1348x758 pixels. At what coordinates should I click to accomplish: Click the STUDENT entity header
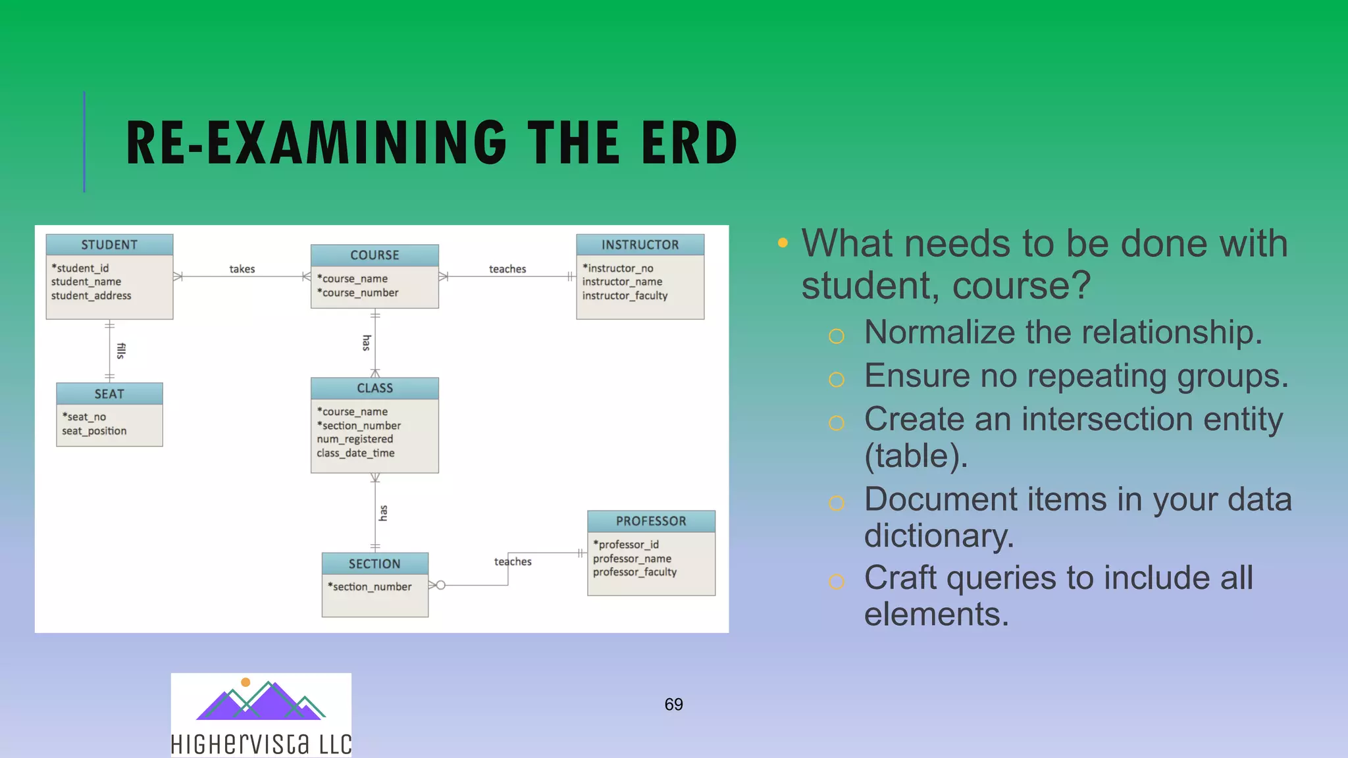[109, 245]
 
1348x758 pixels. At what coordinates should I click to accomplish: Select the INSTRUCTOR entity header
[640, 245]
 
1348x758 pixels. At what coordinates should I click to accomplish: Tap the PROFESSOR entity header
[651, 521]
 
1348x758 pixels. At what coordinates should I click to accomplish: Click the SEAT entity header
[109, 394]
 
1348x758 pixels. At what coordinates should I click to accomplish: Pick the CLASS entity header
[375, 388]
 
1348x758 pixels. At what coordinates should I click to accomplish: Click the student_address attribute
[91, 296]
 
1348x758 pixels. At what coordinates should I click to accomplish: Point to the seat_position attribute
[94, 431]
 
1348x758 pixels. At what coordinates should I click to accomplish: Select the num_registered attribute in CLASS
[355, 439]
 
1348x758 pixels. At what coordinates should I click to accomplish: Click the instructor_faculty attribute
[625, 296]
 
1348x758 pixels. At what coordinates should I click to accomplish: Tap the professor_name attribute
[632, 559]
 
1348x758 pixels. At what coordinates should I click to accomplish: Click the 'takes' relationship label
[242, 269]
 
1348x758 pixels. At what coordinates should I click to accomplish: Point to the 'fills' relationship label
[120, 351]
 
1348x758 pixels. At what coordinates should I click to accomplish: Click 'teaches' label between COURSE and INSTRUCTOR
[507, 269]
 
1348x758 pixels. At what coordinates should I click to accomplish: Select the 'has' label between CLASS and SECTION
[383, 513]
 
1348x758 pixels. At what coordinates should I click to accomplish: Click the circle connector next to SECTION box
[441, 585]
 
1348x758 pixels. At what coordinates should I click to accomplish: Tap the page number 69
[673, 705]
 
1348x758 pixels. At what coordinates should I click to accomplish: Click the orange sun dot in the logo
[246, 682]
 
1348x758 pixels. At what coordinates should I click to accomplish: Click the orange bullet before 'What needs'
[783, 243]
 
